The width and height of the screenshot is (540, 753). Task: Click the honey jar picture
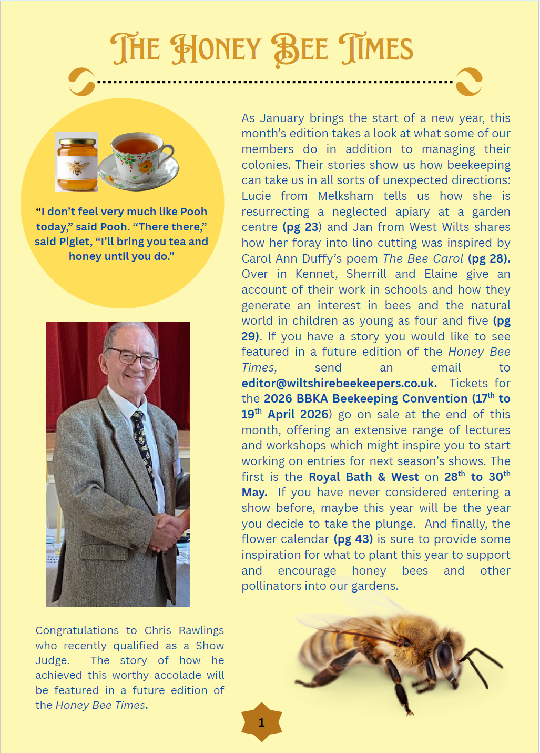click(77, 163)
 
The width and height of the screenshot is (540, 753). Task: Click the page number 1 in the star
click(261, 722)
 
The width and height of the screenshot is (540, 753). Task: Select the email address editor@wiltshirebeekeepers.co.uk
click(339, 383)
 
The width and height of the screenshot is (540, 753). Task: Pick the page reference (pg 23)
click(301, 227)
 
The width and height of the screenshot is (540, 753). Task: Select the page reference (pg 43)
click(353, 539)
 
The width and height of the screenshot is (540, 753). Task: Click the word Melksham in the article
click(345, 196)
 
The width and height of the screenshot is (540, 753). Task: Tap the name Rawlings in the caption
click(201, 630)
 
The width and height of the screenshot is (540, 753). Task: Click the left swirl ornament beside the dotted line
click(82, 82)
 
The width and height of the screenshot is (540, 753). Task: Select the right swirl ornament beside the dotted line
click(469, 82)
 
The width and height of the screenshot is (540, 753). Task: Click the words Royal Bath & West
click(363, 477)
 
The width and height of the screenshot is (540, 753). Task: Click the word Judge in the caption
click(52, 660)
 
